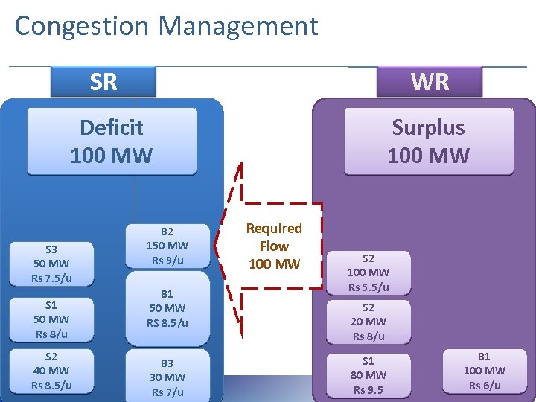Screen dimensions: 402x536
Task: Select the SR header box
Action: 103,81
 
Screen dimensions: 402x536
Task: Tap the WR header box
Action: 430,81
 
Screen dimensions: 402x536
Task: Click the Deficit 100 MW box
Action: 112,141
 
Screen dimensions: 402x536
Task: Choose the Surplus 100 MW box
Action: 429,141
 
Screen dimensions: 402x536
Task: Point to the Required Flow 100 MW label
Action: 274,246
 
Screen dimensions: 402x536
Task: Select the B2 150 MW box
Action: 167,245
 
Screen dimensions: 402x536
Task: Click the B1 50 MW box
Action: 167,308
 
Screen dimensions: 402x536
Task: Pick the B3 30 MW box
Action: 167,377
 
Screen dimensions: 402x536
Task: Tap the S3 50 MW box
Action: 51,264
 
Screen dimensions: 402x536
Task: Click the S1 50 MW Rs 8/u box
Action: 51,319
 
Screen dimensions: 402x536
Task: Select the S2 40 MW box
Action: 51,371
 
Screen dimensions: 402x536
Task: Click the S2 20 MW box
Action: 368,322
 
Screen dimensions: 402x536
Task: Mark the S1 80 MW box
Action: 368,375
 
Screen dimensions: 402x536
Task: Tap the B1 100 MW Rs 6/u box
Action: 484,371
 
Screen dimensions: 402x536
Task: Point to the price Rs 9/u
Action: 167,261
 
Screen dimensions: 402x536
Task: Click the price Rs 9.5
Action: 368,390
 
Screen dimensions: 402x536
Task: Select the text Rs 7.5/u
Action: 51,278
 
